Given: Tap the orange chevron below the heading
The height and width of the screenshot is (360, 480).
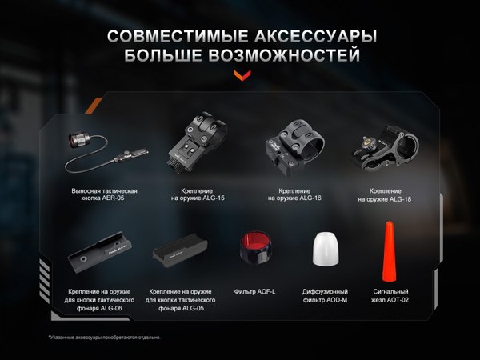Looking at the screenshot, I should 239,76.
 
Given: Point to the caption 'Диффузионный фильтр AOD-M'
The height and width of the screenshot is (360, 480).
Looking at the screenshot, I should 324,296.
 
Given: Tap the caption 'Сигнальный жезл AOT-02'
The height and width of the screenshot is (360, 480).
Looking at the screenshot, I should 392,296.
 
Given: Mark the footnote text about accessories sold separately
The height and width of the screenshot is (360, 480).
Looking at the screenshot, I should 105,337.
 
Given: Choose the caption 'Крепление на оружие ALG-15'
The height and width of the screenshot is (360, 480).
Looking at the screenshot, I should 198,194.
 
